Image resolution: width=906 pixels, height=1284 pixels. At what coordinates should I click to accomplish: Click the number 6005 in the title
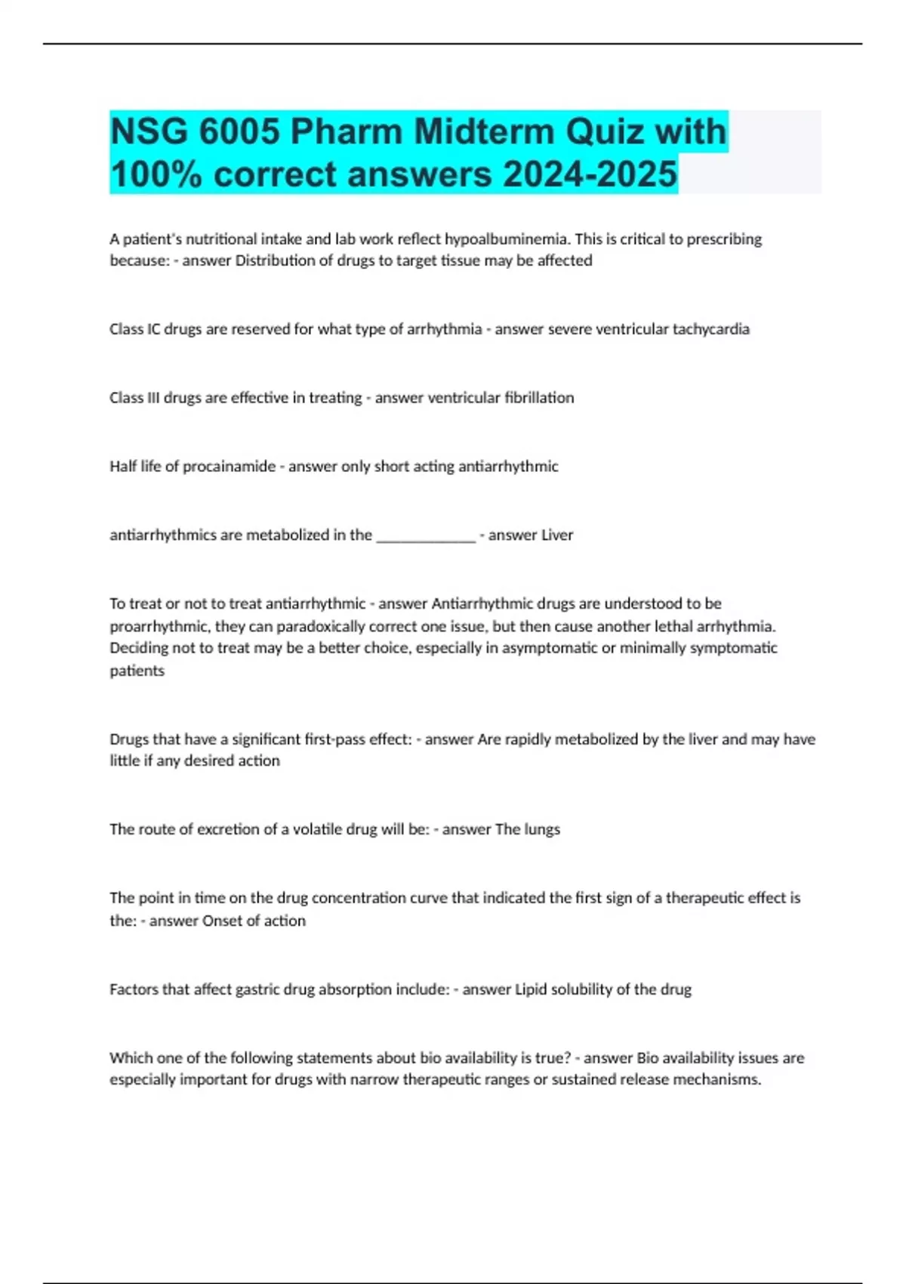point(240,132)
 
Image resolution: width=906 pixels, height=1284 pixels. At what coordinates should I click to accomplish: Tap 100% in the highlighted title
point(156,174)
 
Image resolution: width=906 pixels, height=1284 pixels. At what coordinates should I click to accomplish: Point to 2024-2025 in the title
point(590,174)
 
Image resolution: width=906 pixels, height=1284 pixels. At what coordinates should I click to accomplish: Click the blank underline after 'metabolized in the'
point(426,536)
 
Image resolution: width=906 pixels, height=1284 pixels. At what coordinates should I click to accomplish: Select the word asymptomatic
point(550,648)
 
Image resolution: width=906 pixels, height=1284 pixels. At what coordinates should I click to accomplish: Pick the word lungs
point(542,829)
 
